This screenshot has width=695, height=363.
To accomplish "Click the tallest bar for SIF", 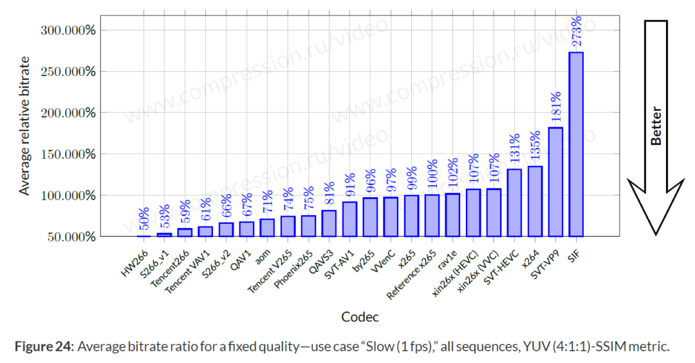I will pos(576,144).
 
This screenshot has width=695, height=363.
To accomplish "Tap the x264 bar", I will pos(535,201).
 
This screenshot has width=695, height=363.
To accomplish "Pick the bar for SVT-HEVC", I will pos(514,202).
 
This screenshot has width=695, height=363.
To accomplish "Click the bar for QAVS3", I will pos(329,223).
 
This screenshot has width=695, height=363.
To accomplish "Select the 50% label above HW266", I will pos(144,219).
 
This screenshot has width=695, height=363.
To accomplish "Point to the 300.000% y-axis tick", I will pos(68,30).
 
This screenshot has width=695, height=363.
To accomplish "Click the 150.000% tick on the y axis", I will pos(68,154).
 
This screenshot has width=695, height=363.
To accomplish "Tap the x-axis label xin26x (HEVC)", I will pos(457,271).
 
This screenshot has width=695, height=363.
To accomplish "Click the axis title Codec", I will pos(360,317).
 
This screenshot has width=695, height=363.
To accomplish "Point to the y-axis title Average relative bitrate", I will pos(24,126).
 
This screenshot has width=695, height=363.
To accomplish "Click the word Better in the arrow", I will pos(656,126).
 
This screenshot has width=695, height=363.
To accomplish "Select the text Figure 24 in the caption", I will pos(43,347).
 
